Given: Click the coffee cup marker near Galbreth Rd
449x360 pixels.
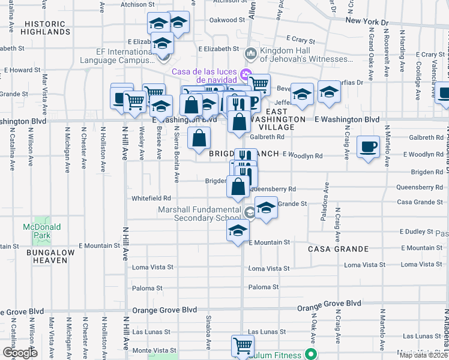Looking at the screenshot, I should click(x=368, y=146).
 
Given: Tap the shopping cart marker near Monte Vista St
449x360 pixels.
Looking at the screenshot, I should click(x=243, y=345).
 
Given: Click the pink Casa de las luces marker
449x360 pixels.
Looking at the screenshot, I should click(x=245, y=75).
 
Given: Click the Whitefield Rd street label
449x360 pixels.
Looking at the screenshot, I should click(x=151, y=198).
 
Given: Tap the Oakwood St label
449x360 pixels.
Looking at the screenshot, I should click(x=227, y=20).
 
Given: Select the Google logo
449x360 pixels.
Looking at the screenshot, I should click(x=20, y=352).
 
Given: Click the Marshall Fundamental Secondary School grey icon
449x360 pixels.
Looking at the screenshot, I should click(x=249, y=211).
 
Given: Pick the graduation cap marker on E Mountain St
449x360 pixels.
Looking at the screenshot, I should click(x=238, y=230).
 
